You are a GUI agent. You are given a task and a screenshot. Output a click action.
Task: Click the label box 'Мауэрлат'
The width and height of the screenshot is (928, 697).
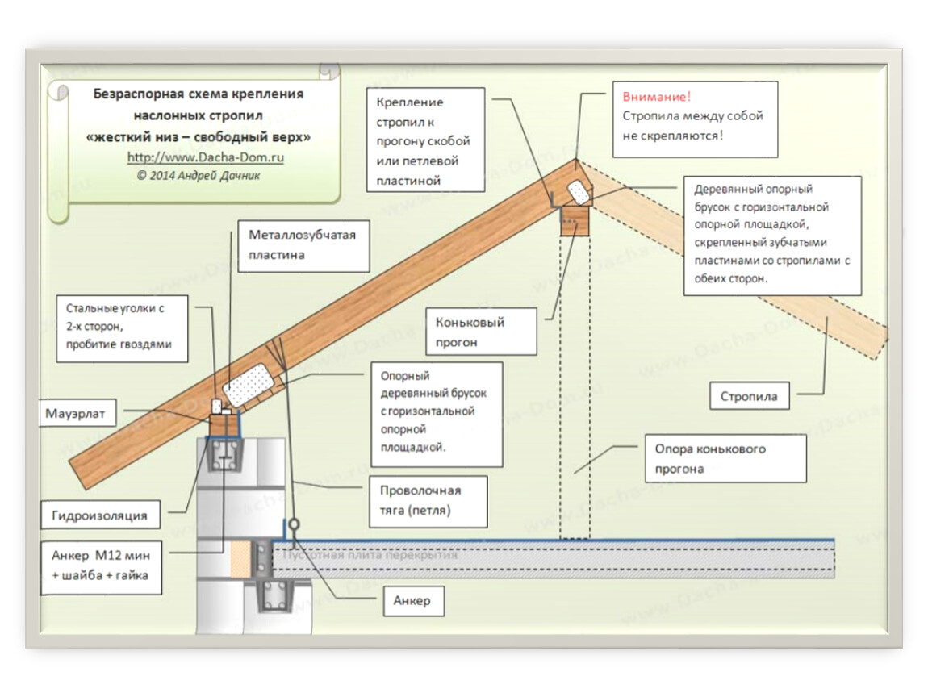(x=78, y=413)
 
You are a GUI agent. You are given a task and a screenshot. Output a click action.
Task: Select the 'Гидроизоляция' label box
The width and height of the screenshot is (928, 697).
(x=100, y=515)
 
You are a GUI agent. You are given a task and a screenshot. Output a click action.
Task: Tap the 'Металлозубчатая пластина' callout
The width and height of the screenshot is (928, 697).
(x=303, y=245)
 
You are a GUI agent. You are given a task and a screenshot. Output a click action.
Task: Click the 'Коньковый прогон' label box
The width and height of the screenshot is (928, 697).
(x=482, y=332)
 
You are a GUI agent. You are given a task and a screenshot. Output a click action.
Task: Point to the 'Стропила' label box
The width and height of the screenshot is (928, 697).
(x=750, y=396)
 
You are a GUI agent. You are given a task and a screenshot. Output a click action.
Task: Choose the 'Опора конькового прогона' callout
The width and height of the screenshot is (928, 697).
(x=726, y=458)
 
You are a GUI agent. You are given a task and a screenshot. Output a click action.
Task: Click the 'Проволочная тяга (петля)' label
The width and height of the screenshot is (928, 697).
(x=428, y=500)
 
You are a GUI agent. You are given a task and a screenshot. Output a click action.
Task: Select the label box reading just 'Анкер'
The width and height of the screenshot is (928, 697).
(x=414, y=601)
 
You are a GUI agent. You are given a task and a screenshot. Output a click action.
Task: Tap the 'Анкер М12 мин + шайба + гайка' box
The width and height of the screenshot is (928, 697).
(x=101, y=567)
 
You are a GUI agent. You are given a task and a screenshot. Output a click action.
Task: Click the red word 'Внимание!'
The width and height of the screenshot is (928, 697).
(x=656, y=97)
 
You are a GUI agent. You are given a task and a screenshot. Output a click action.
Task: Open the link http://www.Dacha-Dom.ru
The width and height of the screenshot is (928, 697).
(x=205, y=157)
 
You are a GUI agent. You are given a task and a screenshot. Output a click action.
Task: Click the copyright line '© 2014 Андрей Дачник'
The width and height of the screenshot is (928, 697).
(x=199, y=176)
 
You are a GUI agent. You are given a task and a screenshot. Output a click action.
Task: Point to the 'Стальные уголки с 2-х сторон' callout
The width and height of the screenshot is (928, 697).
(x=122, y=328)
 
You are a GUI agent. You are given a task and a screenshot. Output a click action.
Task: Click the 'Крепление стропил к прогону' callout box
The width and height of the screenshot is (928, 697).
(x=425, y=140)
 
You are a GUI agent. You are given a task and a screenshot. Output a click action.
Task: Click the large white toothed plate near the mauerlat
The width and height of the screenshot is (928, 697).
(x=249, y=385)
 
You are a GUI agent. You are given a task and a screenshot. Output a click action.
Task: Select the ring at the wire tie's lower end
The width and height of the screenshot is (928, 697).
(x=295, y=524)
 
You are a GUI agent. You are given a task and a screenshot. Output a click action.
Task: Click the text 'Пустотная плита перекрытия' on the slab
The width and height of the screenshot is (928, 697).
(x=370, y=555)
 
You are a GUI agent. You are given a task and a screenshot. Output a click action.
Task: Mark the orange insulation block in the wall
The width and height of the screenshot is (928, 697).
(x=241, y=559)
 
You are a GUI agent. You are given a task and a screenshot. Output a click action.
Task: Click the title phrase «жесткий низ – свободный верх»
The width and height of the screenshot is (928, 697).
(x=199, y=136)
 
